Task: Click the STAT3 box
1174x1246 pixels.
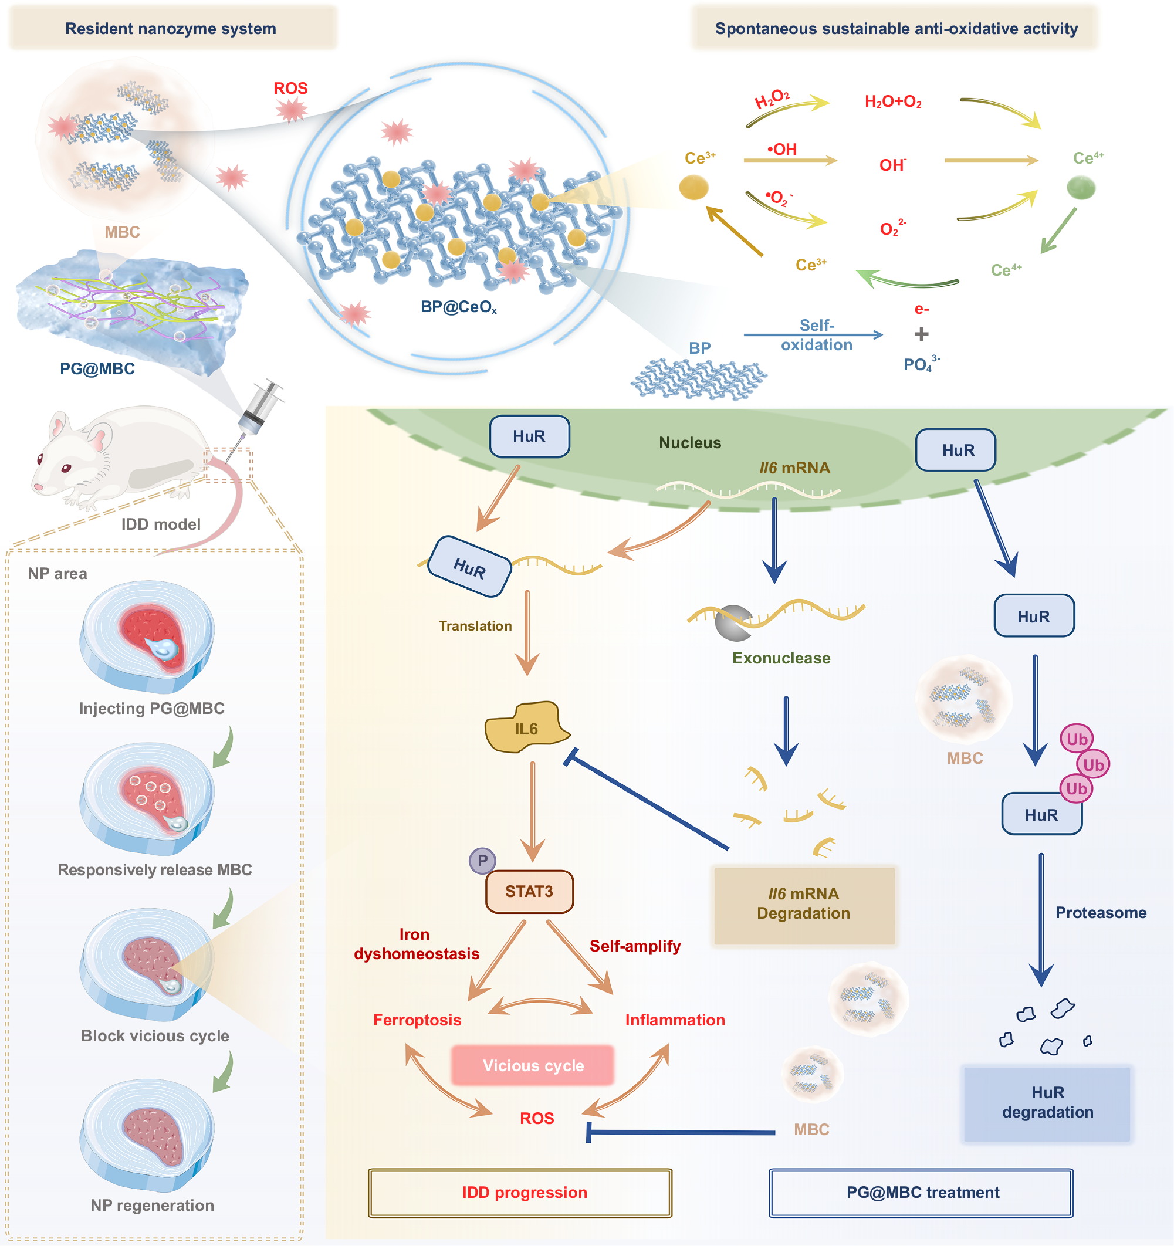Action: pyautogui.click(x=529, y=891)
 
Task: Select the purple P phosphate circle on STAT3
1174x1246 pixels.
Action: pyautogui.click(x=483, y=861)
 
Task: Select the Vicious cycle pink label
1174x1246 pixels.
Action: pyautogui.click(x=533, y=1065)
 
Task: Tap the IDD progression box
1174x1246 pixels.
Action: pyautogui.click(x=520, y=1193)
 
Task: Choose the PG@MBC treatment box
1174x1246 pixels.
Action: pyautogui.click(x=921, y=1193)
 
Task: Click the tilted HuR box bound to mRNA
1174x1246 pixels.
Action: pyautogui.click(x=469, y=567)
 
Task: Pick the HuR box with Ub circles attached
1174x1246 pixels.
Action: pyautogui.click(x=1042, y=814)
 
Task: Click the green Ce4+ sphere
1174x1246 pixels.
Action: pyautogui.click(x=1081, y=187)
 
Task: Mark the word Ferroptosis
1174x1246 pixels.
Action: pyautogui.click(x=418, y=1020)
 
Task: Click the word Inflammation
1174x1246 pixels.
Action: pyautogui.click(x=675, y=1020)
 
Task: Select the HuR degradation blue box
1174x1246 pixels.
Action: pyautogui.click(x=1047, y=1103)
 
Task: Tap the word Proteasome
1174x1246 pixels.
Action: pyautogui.click(x=1101, y=913)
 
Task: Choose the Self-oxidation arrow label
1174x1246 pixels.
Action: pyautogui.click(x=817, y=335)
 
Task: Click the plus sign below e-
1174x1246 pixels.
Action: pyautogui.click(x=921, y=334)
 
